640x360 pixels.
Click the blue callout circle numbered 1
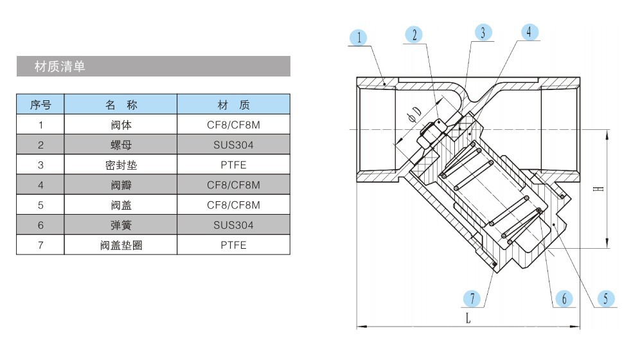(x=359, y=38)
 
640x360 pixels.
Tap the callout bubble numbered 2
(x=414, y=35)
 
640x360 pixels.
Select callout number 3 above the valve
(x=483, y=33)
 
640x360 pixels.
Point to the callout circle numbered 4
(x=529, y=32)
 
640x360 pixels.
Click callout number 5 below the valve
(x=606, y=299)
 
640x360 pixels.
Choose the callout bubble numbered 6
(x=564, y=299)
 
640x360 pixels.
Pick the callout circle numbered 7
(x=472, y=299)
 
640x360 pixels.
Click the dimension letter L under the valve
(x=468, y=318)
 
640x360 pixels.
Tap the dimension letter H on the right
(x=598, y=188)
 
